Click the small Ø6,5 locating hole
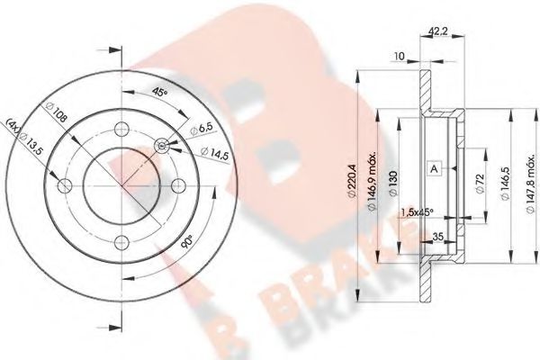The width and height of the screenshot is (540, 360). click(x=162, y=146)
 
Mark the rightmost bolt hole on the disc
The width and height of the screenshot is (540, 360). click(x=177, y=185)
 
